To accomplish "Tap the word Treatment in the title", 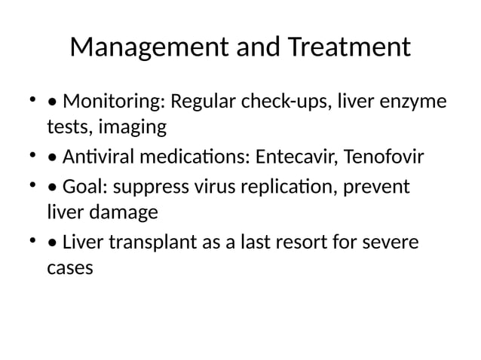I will (349, 48).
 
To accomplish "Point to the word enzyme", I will (412, 101).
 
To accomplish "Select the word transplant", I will (147, 243).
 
